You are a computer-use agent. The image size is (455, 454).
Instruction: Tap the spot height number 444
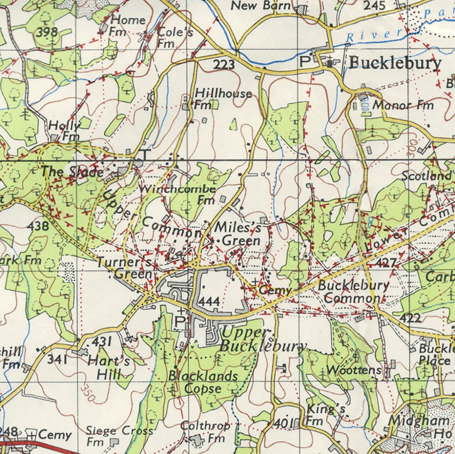209,301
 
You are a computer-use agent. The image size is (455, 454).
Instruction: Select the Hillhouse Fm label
223,98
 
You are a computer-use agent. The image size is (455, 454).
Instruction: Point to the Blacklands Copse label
203,382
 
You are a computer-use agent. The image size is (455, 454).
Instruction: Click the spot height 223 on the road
224,64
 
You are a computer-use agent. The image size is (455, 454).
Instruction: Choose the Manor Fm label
403,105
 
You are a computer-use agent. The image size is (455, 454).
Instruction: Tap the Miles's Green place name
237,234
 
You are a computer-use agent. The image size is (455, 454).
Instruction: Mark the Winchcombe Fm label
178,194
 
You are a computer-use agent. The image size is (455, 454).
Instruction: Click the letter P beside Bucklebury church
304,62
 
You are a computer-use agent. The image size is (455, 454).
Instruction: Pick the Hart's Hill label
108,368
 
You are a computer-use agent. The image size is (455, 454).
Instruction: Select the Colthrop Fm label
206,431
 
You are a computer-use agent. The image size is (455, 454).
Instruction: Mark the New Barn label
261,5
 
